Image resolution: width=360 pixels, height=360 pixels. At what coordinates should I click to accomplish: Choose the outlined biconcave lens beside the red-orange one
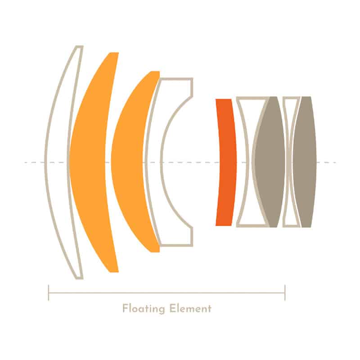click(247, 162)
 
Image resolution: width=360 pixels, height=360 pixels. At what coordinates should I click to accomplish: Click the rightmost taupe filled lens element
click(306, 162)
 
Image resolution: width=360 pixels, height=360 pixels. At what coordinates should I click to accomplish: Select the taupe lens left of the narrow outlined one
click(270, 162)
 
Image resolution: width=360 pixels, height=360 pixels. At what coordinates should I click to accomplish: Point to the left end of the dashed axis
click(25, 162)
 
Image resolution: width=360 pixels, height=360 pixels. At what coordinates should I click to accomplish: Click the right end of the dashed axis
click(335, 162)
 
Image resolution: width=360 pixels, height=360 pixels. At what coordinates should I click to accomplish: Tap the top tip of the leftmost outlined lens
click(79, 47)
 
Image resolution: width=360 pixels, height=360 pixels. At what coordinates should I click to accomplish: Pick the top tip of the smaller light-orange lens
click(155, 72)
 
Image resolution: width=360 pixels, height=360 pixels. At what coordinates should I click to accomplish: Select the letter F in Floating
click(125, 309)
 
